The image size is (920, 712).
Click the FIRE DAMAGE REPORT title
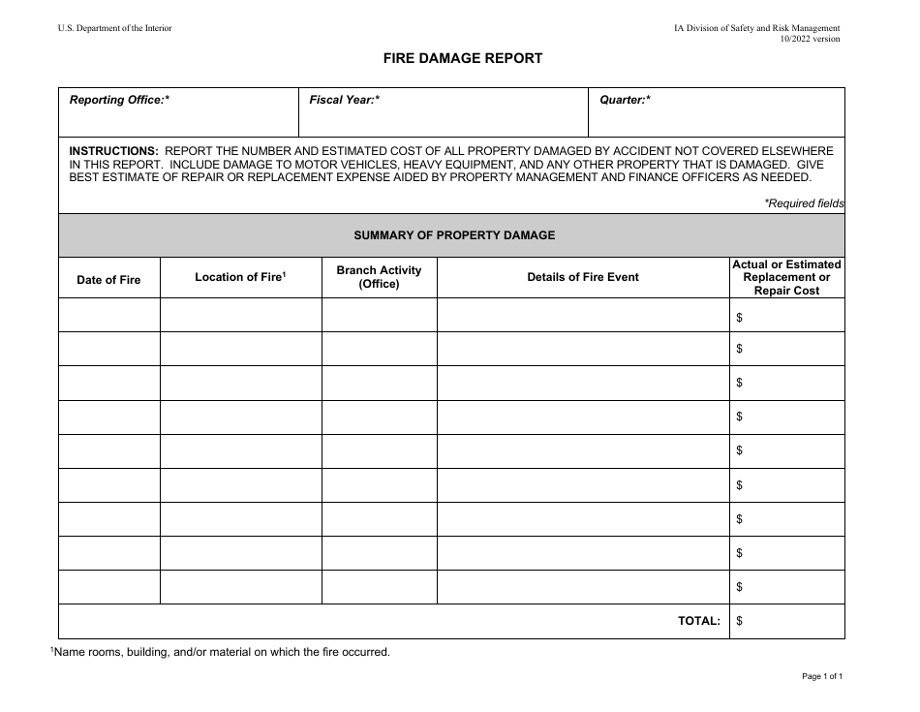click(x=461, y=58)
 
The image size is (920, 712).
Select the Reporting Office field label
click(x=119, y=100)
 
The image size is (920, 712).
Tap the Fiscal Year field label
click(x=344, y=100)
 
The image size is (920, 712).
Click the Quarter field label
click(x=625, y=100)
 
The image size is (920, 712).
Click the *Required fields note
click(x=803, y=203)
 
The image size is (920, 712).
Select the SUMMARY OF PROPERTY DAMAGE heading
click(x=453, y=235)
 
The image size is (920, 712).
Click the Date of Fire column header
click(x=108, y=280)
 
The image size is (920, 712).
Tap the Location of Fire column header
click(x=240, y=277)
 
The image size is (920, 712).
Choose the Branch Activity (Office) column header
click(x=379, y=277)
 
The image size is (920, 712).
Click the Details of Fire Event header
click(x=582, y=277)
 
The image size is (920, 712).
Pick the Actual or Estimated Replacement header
click(x=786, y=277)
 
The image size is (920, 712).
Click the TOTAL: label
click(x=698, y=622)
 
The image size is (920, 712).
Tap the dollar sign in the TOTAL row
click(x=740, y=622)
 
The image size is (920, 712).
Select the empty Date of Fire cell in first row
click(x=108, y=315)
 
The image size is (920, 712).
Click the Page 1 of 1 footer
click(x=823, y=677)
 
